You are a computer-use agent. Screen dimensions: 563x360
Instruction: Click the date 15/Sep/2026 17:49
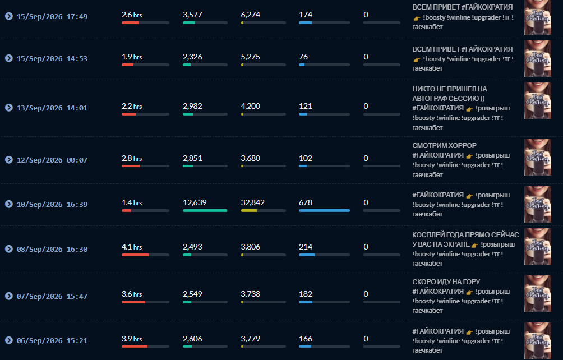point(52,16)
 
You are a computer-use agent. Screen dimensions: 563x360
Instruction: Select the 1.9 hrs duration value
point(132,57)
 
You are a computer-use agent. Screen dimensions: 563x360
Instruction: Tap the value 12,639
point(195,202)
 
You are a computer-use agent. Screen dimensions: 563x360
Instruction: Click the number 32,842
point(253,202)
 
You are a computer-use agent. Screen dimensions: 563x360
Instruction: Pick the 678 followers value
point(306,202)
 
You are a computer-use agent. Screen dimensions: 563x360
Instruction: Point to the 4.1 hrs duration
point(132,247)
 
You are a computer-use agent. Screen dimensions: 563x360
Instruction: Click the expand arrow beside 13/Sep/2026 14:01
point(9,108)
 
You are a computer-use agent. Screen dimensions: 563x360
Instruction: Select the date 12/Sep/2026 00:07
point(52,160)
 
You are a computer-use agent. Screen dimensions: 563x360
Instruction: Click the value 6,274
point(251,15)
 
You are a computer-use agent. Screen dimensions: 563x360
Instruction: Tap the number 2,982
point(192,106)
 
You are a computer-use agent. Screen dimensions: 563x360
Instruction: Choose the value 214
point(306,247)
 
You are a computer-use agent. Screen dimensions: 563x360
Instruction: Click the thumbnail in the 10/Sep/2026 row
point(538,204)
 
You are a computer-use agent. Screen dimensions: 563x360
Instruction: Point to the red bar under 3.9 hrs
point(135,347)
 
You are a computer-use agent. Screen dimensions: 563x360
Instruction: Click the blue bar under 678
point(324,210)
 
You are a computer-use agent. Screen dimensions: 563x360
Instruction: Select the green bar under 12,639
point(205,210)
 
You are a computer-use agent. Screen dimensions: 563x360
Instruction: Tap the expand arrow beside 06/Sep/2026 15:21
point(9,340)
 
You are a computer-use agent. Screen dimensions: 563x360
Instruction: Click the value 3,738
point(251,294)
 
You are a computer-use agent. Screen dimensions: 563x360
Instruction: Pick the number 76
point(303,57)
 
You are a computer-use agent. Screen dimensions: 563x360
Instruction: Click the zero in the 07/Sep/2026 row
point(366,294)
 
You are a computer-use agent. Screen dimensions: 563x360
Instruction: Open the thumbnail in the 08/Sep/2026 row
point(538,247)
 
